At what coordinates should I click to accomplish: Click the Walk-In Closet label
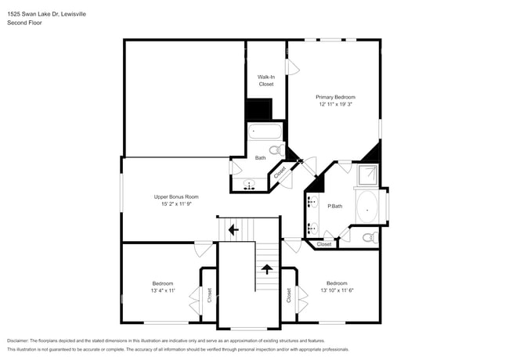[265, 80]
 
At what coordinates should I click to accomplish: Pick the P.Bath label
[334, 206]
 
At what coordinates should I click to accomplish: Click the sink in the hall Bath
[250, 185]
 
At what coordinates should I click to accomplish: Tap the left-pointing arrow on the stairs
[233, 229]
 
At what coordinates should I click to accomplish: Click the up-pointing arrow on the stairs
[266, 269]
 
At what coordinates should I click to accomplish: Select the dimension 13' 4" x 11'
[162, 290]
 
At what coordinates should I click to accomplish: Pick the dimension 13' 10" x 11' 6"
[337, 290]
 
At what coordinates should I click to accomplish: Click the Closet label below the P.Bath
[324, 244]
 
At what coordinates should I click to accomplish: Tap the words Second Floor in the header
[24, 23]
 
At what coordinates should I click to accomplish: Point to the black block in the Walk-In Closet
[258, 109]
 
